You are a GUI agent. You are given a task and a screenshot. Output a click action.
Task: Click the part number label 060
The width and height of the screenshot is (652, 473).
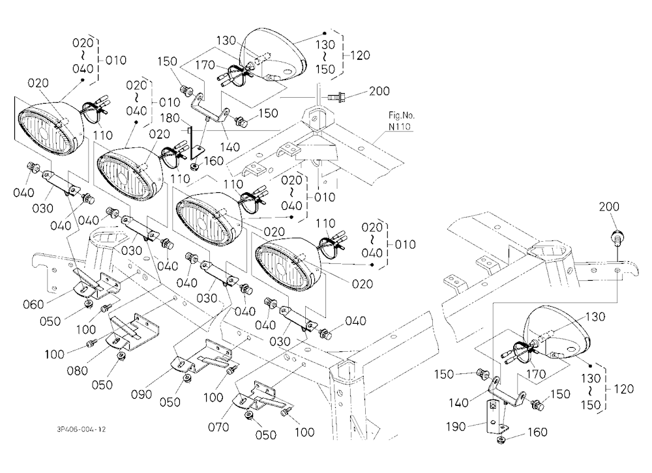point(33,305)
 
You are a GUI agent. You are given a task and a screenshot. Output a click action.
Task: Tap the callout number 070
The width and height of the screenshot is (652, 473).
point(218,427)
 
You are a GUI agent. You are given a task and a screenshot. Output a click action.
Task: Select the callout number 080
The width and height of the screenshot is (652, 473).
point(78,370)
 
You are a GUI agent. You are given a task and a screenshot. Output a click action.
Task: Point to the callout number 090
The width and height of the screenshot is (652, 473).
point(141,394)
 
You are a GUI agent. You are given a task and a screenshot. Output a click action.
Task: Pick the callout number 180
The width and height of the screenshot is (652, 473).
point(170,118)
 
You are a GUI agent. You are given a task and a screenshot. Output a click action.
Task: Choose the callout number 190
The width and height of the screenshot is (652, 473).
point(456,427)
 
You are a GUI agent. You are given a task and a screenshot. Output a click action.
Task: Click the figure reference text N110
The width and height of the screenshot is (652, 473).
point(400,126)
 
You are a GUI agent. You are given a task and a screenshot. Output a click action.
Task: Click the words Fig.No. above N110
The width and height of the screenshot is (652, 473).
point(402,115)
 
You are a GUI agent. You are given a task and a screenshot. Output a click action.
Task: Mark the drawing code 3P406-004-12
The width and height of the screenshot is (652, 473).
point(81,429)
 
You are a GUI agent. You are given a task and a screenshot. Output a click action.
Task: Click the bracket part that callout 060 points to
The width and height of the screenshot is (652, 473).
point(96,285)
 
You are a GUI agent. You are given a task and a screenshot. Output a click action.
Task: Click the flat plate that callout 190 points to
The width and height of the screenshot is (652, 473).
point(493,416)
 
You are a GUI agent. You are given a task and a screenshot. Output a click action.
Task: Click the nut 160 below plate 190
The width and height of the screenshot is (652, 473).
point(500,440)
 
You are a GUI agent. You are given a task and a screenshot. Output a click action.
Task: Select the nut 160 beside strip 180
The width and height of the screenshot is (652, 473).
point(194,167)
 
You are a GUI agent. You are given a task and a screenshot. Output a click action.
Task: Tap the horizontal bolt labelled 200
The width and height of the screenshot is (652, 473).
point(336,98)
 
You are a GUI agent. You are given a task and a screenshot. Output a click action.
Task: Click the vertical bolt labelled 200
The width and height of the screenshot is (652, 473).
point(616,239)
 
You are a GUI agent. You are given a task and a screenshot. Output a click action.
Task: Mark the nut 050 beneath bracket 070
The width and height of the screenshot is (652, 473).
point(249,416)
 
